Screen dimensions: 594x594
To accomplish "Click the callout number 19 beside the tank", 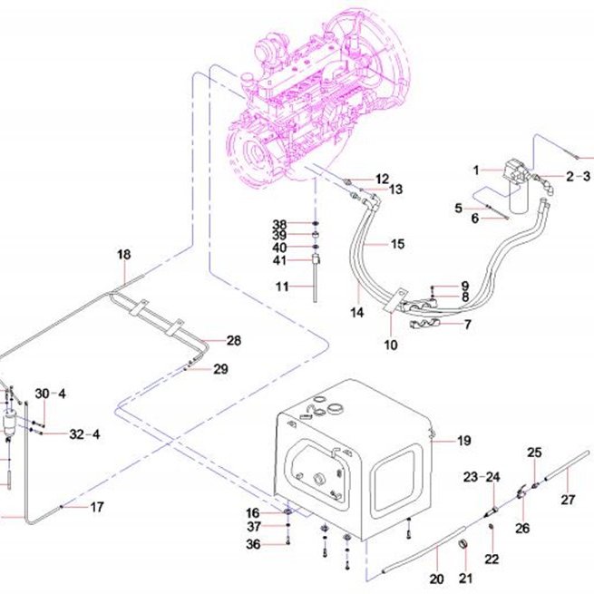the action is click(464, 441).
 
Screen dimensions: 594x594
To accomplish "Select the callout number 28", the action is click(234, 341).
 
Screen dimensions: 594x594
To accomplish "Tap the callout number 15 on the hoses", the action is click(397, 244).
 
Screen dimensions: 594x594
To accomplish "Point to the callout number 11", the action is click(282, 287).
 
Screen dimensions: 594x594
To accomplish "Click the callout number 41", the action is click(279, 260).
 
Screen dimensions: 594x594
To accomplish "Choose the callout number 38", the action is click(279, 225).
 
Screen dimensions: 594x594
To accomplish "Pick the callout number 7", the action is click(468, 325).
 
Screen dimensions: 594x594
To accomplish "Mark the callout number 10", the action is click(391, 346).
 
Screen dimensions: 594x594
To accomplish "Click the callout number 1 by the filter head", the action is click(476, 170).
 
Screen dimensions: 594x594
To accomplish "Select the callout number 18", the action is click(124, 255).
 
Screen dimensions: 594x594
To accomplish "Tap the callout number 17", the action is click(97, 507).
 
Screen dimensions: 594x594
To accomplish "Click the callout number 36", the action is click(253, 544).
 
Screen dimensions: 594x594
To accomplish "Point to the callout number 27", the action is click(568, 500).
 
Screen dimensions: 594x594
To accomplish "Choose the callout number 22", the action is click(492, 559).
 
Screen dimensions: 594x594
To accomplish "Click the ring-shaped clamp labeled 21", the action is click(463, 545).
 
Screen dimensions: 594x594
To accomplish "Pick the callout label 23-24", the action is click(482, 477).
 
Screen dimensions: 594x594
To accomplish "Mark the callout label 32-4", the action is click(84, 434).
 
